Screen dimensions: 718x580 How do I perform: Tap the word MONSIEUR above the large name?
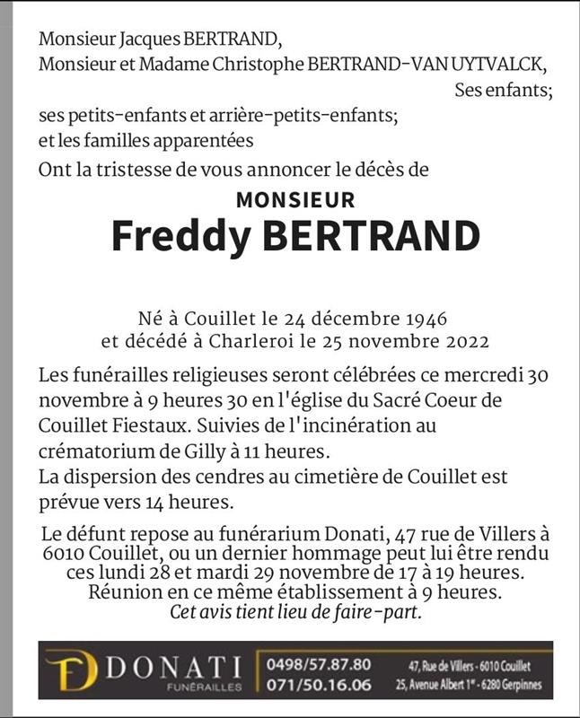pyautogui.click(x=295, y=200)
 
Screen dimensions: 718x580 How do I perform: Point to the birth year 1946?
pyautogui.click(x=423, y=319)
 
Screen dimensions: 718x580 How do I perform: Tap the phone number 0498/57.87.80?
pyautogui.click(x=318, y=665)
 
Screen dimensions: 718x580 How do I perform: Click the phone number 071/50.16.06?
pyautogui.click(x=318, y=687)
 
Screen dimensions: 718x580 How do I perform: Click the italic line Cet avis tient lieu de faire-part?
pyautogui.click(x=295, y=613)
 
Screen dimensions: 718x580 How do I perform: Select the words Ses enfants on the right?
pyautogui.click(x=502, y=90)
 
